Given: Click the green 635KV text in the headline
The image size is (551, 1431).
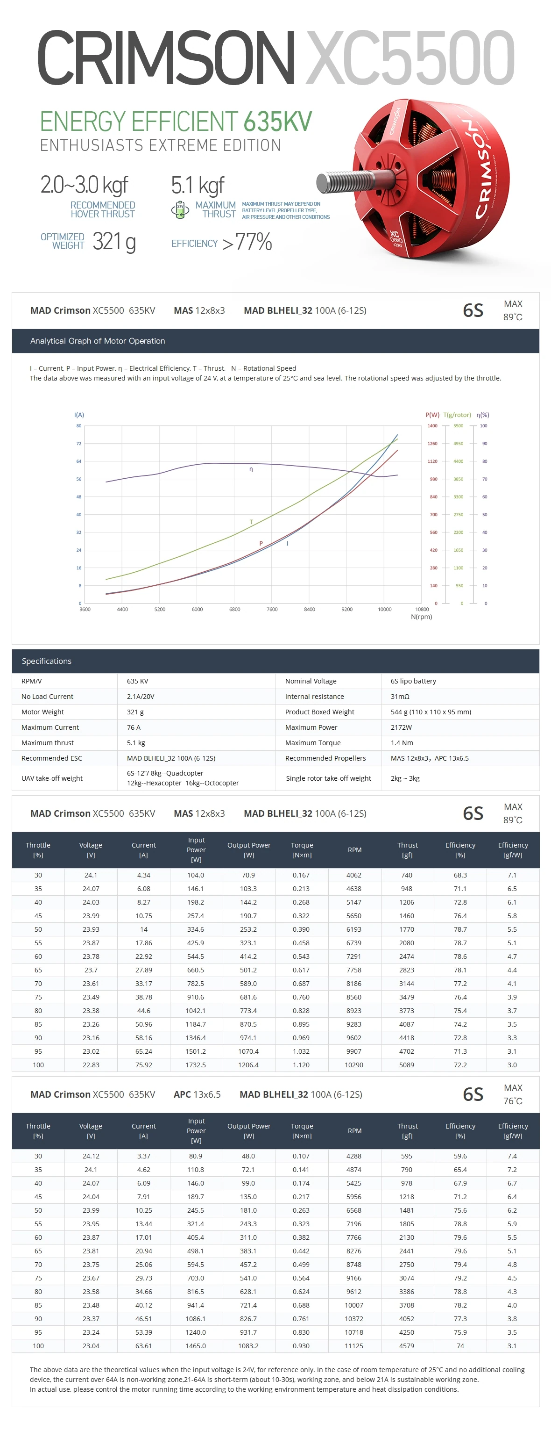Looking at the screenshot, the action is pyautogui.click(x=277, y=122).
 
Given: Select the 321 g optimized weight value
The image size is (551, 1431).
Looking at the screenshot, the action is pyautogui.click(x=114, y=242).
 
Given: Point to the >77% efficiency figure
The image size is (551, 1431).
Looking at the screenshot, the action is pyautogui.click(x=247, y=242).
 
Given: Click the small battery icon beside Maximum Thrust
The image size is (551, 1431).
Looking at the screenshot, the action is pyautogui.click(x=180, y=210).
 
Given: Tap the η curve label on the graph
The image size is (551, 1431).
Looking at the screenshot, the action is pyautogui.click(x=251, y=469).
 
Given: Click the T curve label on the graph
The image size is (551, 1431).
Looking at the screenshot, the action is pyautogui.click(x=251, y=522).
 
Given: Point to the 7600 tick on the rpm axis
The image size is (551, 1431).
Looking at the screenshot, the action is pyautogui.click(x=272, y=610).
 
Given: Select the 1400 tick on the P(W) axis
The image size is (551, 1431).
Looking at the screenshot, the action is pyautogui.click(x=432, y=425).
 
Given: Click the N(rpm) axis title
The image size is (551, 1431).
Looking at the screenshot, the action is pyautogui.click(x=421, y=617).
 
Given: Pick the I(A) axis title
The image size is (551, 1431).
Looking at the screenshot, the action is pyautogui.click(x=79, y=415).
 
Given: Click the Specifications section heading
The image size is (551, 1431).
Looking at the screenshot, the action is pyautogui.click(x=47, y=661).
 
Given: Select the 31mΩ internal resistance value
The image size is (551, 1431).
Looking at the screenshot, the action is pyautogui.click(x=400, y=697).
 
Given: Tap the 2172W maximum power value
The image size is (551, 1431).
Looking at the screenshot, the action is pyautogui.click(x=401, y=727).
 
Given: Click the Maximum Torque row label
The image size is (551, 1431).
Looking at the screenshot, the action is pyautogui.click(x=313, y=743).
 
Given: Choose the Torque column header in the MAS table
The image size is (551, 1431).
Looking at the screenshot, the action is pyautogui.click(x=302, y=850).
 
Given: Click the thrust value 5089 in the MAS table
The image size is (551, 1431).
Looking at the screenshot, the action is pyautogui.click(x=407, y=1065).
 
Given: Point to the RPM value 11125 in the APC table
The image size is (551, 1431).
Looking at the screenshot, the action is pyautogui.click(x=354, y=1346).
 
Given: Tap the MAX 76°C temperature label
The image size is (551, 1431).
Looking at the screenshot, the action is pyautogui.click(x=513, y=1094).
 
